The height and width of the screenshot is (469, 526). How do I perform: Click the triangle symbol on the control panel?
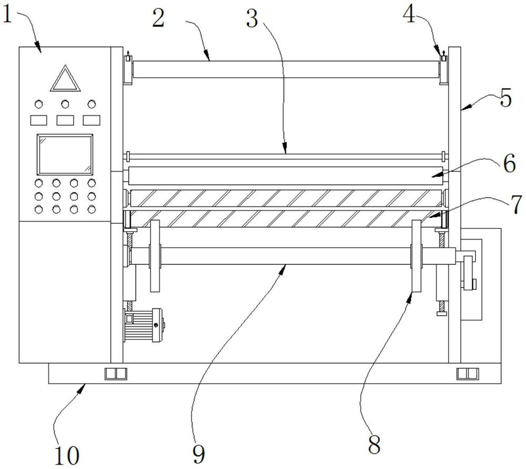click(65, 79)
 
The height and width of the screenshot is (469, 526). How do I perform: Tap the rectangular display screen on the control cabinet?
click(65, 154)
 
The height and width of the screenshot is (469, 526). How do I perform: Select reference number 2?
click(158, 18)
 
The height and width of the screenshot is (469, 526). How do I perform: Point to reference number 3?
click(252, 18)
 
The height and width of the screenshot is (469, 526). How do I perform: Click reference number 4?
click(409, 14)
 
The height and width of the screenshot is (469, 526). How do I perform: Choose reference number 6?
click(510, 164)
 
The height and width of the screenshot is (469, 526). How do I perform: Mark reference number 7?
click(517, 204)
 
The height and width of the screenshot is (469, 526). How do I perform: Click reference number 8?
click(374, 444)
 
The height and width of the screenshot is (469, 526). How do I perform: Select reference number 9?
click(199, 455)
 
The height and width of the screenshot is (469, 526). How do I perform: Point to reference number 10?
click(67, 455)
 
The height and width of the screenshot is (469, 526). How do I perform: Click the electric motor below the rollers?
click(144, 325)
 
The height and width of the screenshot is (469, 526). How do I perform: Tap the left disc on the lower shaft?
click(155, 256)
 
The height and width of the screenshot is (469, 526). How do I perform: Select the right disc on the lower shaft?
click(416, 256)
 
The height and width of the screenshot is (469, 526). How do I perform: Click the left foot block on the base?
click(116, 374)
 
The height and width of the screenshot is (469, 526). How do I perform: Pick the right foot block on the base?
click(468, 374)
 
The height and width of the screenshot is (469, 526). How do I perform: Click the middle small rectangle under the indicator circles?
click(65, 120)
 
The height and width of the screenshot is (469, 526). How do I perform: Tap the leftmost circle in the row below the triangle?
click(39, 104)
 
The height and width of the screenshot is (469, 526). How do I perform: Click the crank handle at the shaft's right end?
click(468, 272)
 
